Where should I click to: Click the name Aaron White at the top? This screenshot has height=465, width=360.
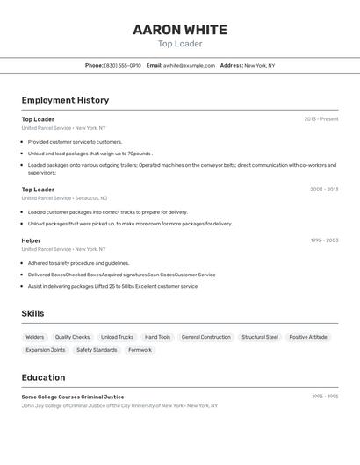point(180,30)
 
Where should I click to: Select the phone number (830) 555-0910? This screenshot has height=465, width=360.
point(123,65)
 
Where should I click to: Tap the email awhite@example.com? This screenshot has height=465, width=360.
point(189,65)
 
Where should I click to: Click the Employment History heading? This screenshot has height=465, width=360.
point(65,100)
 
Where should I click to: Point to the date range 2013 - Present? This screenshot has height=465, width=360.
point(321,119)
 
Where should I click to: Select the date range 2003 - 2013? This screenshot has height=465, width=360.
point(324,190)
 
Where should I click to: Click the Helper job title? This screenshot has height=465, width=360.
point(32,240)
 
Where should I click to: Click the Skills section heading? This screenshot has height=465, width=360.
point(32,313)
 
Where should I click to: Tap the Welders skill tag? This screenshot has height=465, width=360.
point(35,337)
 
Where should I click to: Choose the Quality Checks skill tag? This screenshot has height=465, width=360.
point(72,337)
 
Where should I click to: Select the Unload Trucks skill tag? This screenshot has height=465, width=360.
point(118,337)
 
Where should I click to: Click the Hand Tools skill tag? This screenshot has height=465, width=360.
point(158,337)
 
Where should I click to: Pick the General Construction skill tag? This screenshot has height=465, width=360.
point(206,337)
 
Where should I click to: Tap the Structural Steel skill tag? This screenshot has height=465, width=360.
point(260,337)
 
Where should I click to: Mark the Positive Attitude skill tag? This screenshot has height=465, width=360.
point(308,337)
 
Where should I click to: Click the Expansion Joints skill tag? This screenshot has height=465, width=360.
point(46,350)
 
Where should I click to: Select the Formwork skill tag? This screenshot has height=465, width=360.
point(140,350)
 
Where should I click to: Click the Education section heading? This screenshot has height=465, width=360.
point(43,377)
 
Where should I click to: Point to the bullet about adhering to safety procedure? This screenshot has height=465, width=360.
point(78,263)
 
